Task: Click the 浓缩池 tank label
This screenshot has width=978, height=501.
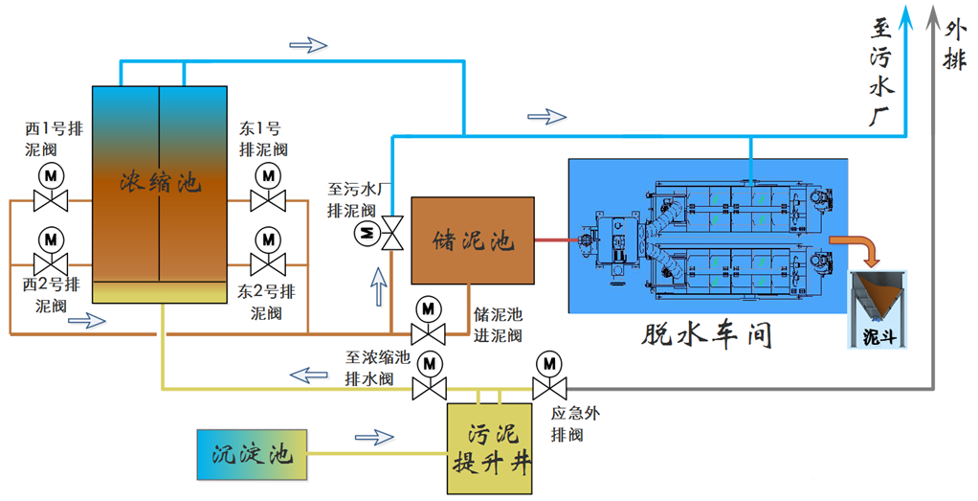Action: (x=161, y=181)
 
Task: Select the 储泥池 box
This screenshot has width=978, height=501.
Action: (x=472, y=240)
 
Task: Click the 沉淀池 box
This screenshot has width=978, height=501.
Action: (x=252, y=453)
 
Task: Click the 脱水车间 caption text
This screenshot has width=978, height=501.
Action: (x=706, y=335)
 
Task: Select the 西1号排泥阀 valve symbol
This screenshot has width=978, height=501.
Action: (x=50, y=200)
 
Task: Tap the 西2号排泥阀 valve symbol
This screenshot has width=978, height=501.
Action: (x=50, y=262)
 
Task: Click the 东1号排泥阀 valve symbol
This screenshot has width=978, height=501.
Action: (x=268, y=200)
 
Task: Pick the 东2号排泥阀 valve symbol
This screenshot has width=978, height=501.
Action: (x=268, y=262)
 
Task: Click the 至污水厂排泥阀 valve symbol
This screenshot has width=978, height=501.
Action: (x=390, y=233)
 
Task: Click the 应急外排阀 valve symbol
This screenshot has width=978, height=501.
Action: (x=548, y=388)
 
